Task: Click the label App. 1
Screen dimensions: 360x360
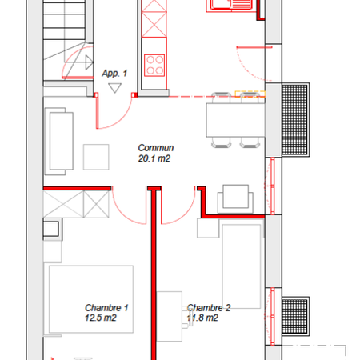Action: [x=115, y=74]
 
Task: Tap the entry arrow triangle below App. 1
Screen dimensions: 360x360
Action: [x=115, y=89]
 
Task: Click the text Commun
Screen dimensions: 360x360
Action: [x=156, y=148]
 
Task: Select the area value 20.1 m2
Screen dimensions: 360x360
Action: [x=154, y=158]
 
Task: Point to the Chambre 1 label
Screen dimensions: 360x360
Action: [x=107, y=307]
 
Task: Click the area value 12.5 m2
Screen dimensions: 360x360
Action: [x=101, y=318]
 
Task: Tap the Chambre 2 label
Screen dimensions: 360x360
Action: [x=209, y=307]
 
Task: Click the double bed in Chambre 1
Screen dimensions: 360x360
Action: [x=90, y=299]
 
